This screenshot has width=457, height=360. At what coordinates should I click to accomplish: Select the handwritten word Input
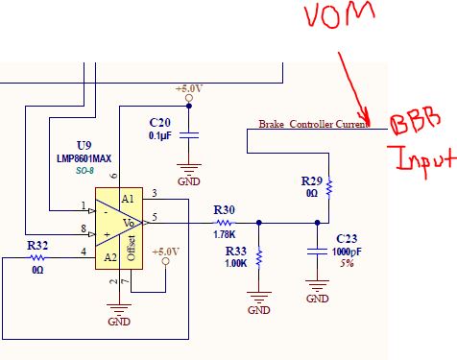pyautogui.click(x=419, y=157)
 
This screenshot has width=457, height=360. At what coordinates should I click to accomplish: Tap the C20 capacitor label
pyautogui.click(x=159, y=123)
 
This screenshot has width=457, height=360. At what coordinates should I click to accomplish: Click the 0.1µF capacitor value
pyautogui.click(x=160, y=135)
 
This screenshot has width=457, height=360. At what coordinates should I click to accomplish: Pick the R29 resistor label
pyautogui.click(x=311, y=181)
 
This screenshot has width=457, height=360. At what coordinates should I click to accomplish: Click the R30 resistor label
pyautogui.click(x=224, y=210)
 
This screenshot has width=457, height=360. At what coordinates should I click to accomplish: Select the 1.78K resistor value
pyautogui.click(x=224, y=232)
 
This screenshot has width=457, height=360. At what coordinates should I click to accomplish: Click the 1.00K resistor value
pyautogui.click(x=235, y=262)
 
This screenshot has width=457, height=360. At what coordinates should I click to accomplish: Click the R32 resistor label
pyautogui.click(x=37, y=246)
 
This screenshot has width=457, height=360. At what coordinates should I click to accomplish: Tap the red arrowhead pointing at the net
pyautogui.click(x=380, y=122)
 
